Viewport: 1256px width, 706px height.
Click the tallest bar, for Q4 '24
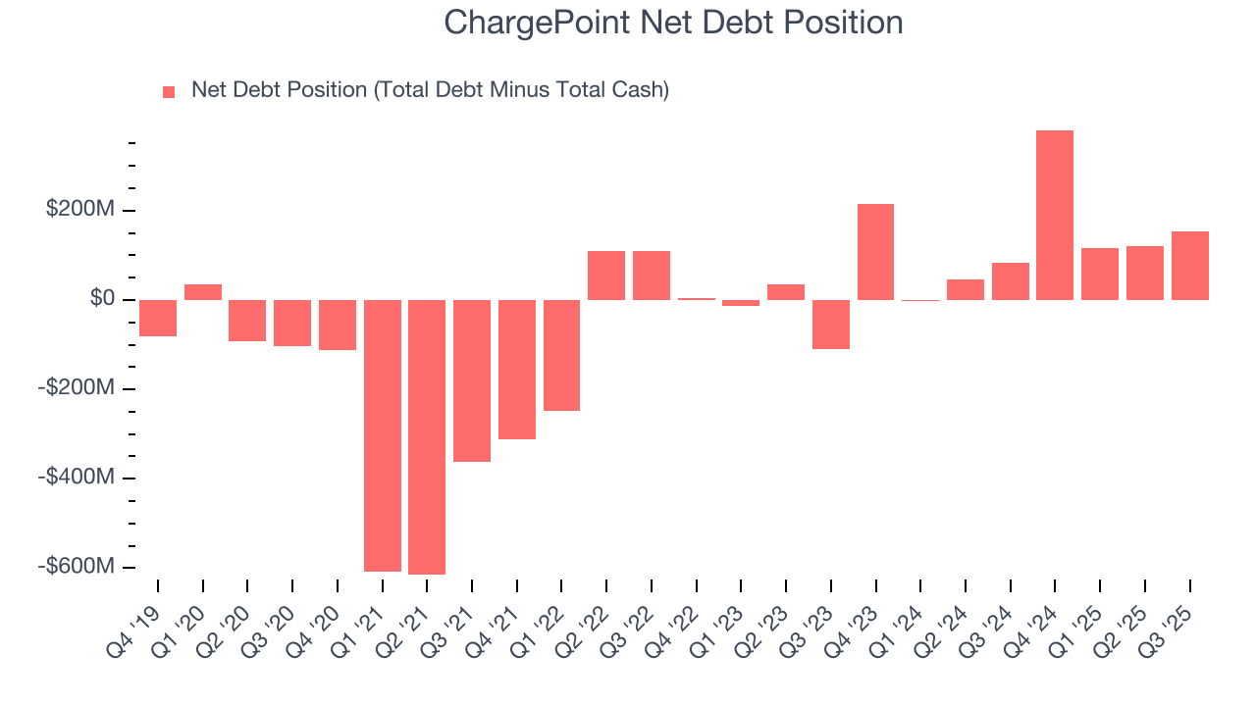pyautogui.click(x=1055, y=215)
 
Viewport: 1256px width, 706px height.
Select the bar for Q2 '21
pyautogui.click(x=427, y=436)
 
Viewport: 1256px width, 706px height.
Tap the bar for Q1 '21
pyautogui.click(x=383, y=435)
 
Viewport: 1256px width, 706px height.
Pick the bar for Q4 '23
pyautogui.click(x=875, y=252)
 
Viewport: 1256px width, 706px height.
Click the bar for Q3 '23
pyautogui.click(x=831, y=324)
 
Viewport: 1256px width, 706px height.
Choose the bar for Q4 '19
pyautogui.click(x=158, y=318)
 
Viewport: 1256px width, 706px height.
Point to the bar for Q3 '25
pyautogui.click(x=1189, y=266)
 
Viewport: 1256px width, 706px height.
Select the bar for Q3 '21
pyautogui.click(x=472, y=380)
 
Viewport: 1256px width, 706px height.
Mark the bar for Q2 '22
pyautogui.click(x=606, y=276)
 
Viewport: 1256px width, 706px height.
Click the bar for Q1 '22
pyautogui.click(x=561, y=355)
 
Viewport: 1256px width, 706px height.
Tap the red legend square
pyautogui.click(x=169, y=91)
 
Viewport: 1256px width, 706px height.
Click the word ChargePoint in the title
pyautogui.click(x=537, y=22)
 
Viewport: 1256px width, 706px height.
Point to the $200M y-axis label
pyautogui.click(x=78, y=210)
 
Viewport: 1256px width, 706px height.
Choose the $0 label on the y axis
pyautogui.click(x=101, y=299)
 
